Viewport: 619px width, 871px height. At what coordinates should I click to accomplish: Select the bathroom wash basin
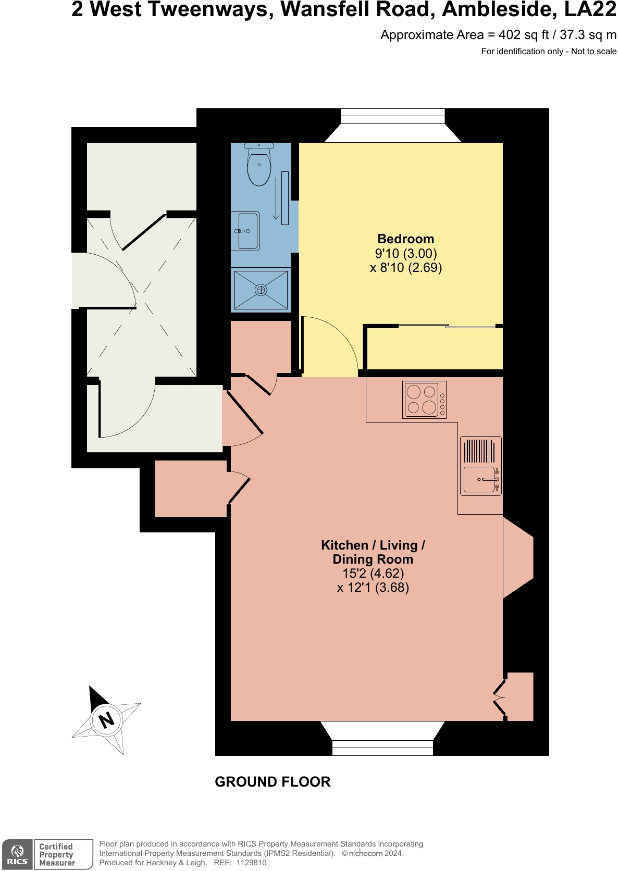pyautogui.click(x=245, y=231)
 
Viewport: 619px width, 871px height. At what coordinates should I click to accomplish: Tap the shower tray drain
pyautogui.click(x=261, y=290)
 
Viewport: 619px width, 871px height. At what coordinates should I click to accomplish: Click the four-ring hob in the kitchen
pyautogui.click(x=424, y=400)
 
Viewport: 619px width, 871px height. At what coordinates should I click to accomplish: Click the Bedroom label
pyautogui.click(x=405, y=239)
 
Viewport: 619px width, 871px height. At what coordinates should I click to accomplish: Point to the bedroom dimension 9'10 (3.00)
pyautogui.click(x=405, y=254)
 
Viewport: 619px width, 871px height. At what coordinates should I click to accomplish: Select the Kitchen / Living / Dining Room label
pyautogui.click(x=373, y=552)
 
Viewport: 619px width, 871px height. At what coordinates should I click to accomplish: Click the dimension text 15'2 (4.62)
pyautogui.click(x=373, y=574)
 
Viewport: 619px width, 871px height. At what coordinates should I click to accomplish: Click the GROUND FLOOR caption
pyautogui.click(x=273, y=782)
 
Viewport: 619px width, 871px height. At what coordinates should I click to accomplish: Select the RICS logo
pyautogui.click(x=17, y=854)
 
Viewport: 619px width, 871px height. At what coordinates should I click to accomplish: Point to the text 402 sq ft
pyautogui.click(x=523, y=35)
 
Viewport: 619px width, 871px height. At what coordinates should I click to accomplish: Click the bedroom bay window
pyautogui.click(x=392, y=125)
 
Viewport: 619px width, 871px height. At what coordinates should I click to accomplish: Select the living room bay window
pyautogui.click(x=382, y=739)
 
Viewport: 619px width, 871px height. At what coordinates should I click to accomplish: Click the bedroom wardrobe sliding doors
pyautogui.click(x=447, y=327)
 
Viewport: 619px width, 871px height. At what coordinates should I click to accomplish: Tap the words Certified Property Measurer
pyautogui.click(x=57, y=854)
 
